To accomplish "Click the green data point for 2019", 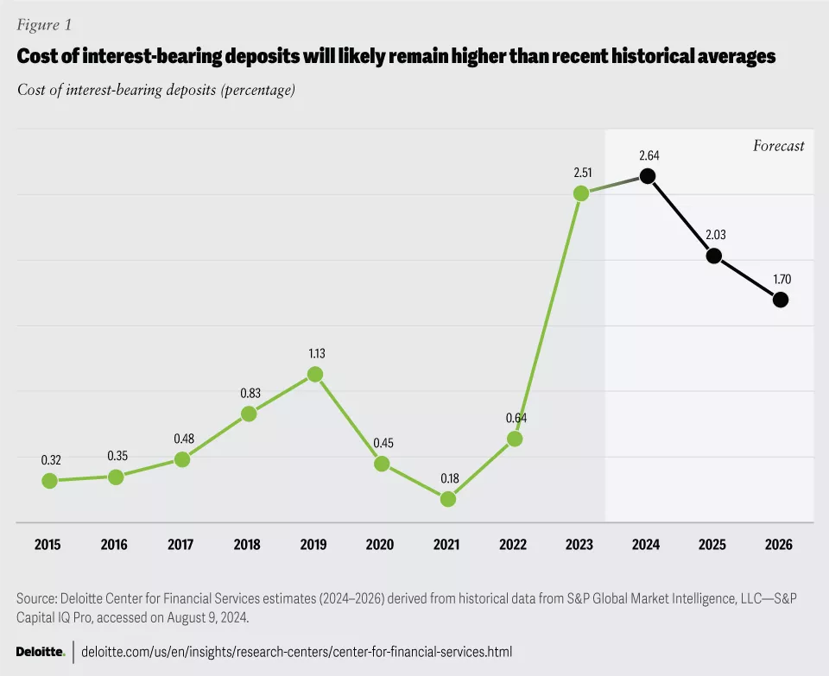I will point(315,375).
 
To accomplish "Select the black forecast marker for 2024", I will point(647,176).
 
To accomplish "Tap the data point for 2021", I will point(447,499).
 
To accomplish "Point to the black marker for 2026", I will point(781,300).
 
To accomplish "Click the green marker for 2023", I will point(581,193).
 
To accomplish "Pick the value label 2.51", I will point(581,172).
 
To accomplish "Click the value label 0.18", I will point(448,477).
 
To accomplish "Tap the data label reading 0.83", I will point(249,393).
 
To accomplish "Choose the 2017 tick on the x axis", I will point(180,545).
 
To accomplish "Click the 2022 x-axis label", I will point(513,545).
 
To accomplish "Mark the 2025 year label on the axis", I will point(712,545).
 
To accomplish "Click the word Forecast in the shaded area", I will point(778,146).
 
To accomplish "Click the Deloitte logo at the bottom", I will point(41,651).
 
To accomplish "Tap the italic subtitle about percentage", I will point(156,90).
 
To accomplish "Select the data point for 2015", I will point(49,481).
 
